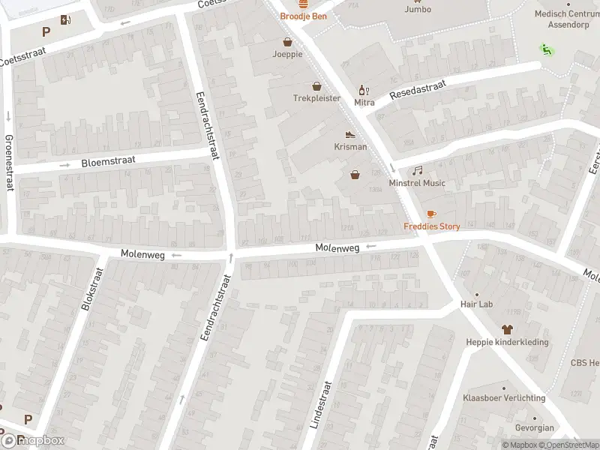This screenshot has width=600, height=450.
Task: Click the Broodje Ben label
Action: tap(303, 16)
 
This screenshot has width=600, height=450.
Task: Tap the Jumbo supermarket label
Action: tap(418, 10)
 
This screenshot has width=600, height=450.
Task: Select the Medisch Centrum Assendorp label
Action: tap(566, 18)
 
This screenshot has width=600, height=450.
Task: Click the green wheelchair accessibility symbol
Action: tap(545, 50)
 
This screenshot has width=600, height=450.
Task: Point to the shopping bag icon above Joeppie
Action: tap(287, 43)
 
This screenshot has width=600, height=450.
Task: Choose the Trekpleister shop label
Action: tap(316, 98)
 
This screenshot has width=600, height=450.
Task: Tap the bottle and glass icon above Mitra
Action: tap(364, 90)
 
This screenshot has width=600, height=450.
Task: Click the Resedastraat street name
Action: tap(417, 91)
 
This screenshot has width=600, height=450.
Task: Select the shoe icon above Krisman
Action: tap(350, 135)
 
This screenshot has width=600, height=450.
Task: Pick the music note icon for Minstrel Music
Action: tap(417, 171)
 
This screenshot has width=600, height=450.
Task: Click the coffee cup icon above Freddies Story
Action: tap(431, 214)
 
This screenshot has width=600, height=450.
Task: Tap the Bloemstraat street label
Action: tap(106, 161)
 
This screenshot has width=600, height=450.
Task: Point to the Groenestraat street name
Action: tap(9, 163)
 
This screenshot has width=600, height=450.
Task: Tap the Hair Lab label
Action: tap(476, 304)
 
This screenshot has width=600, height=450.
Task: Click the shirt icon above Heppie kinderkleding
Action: tap(506, 329)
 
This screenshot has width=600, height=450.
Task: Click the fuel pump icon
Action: tap(67, 20)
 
